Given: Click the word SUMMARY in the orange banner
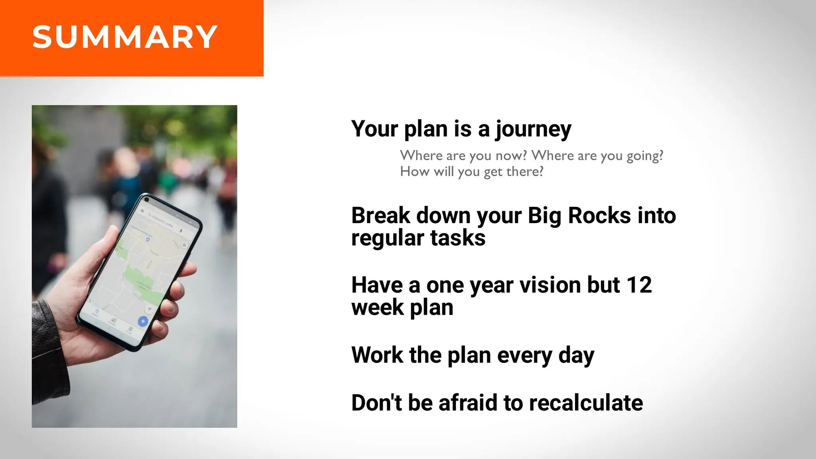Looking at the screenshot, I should (x=125, y=37).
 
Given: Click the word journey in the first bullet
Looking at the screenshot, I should (x=533, y=129).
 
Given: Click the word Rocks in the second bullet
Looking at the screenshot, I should (x=599, y=216).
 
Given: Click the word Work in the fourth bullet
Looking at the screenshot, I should (x=377, y=355).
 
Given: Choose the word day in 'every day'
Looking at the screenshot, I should (x=576, y=356).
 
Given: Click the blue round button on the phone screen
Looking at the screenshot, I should (x=143, y=321).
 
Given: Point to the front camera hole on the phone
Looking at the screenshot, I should (x=147, y=200).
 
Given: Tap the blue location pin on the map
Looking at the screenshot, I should (x=148, y=239).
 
